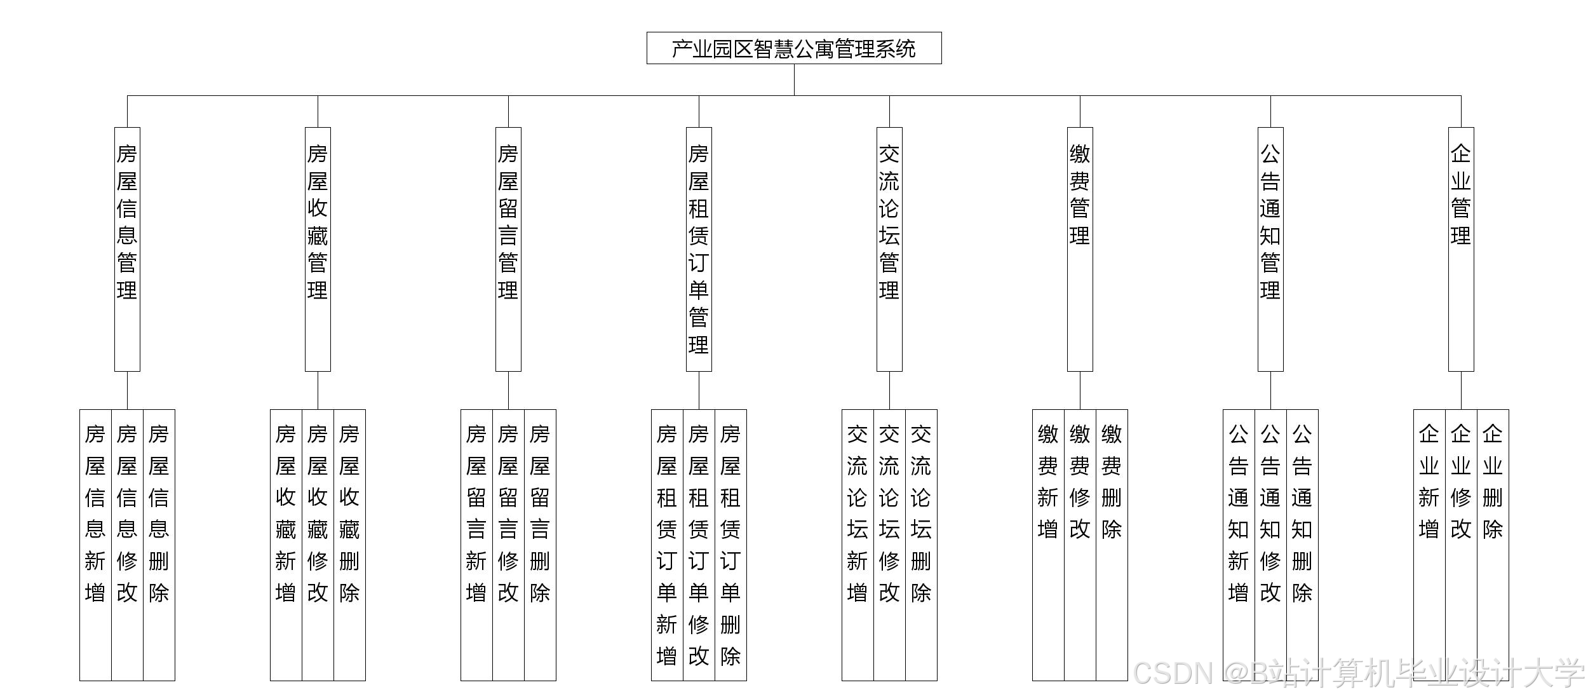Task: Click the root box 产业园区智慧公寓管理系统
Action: [794, 48]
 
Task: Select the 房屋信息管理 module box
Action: [127, 249]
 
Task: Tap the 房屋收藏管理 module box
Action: [318, 249]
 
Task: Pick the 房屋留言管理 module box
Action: [508, 249]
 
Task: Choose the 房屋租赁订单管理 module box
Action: [699, 249]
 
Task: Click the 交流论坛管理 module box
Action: [889, 249]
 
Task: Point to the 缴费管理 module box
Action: [1080, 249]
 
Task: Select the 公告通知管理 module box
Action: [1270, 249]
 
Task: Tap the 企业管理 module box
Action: [1461, 249]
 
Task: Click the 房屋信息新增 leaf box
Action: [95, 545]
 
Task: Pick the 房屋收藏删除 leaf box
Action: [349, 545]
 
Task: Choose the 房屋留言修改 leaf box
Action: [508, 545]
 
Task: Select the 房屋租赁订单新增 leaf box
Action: [667, 545]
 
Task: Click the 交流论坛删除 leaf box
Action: [921, 545]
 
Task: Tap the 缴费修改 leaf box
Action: [1080, 545]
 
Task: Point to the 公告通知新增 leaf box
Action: [1239, 545]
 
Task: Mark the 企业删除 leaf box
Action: [1493, 545]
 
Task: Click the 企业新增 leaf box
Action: [1429, 545]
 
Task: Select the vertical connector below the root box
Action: [794, 79]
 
